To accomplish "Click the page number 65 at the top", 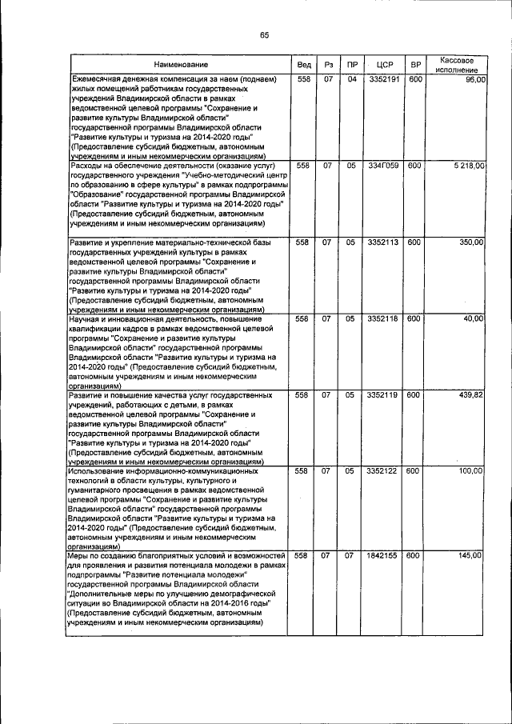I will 264,33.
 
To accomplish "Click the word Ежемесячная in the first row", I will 99,80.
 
